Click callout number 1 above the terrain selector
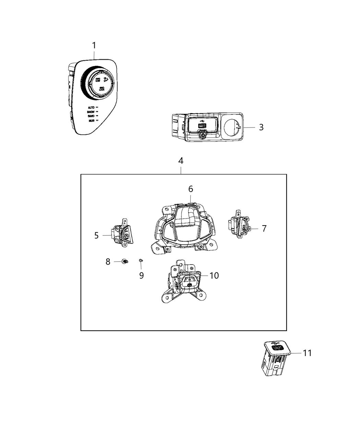click(94, 45)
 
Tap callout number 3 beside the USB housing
click(261, 127)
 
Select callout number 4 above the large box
click(181, 161)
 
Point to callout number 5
click(96, 235)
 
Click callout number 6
click(191, 189)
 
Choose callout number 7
click(264, 229)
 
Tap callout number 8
click(108, 262)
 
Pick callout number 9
click(141, 275)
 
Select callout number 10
click(214, 275)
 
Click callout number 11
click(307, 353)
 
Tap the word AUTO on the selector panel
click(91, 108)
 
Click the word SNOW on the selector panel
click(91, 112)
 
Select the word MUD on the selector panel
click(92, 121)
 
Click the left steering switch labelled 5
click(122, 233)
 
